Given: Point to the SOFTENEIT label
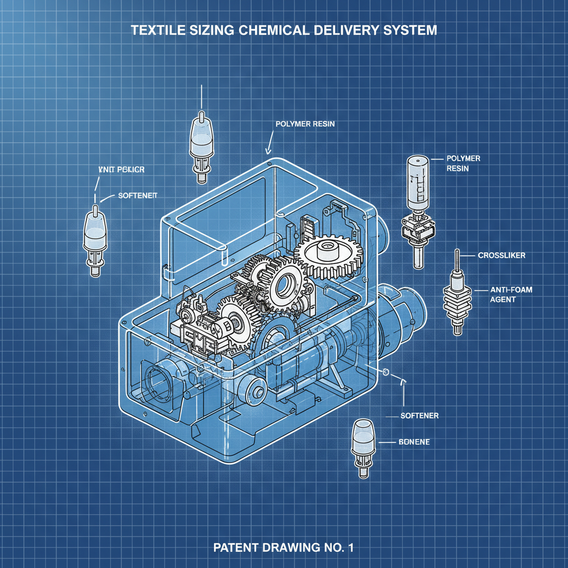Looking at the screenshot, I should (x=138, y=196).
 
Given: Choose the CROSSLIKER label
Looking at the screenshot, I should (x=501, y=256).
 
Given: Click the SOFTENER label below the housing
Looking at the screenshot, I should (x=420, y=415).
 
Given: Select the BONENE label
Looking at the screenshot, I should (x=414, y=442).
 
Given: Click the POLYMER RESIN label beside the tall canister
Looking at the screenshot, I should (x=463, y=163).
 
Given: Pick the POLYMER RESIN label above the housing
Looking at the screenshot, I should (x=305, y=124).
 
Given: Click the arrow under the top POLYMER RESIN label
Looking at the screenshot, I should (x=268, y=146).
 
